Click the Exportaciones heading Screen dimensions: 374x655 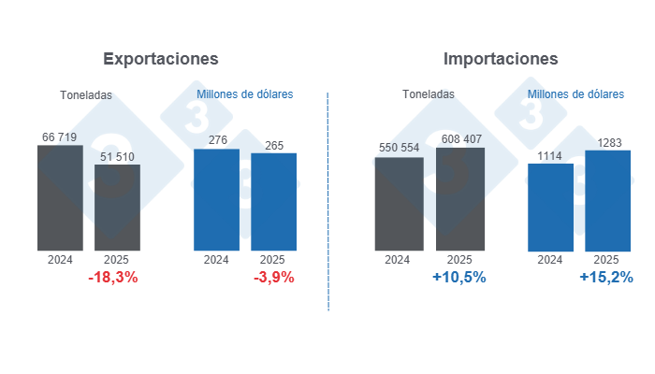160,58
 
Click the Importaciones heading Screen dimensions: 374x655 501,58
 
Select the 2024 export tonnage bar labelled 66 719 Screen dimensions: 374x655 61,198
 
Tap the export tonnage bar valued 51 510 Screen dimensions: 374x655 117,208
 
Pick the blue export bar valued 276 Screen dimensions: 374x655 216,200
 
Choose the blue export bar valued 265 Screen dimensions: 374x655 273,202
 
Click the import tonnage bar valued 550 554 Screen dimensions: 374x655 399,204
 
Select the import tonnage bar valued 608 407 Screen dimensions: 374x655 459,199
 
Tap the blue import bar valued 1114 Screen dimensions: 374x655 550,207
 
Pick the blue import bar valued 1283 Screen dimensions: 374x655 607,200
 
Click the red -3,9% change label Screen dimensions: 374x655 273,278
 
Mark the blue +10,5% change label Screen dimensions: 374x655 459,278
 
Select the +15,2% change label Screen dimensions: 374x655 606,278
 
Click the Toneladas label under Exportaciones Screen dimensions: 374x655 86,94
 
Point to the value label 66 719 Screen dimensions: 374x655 61,137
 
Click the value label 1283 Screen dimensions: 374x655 607,142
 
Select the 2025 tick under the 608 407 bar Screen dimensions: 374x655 459,260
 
